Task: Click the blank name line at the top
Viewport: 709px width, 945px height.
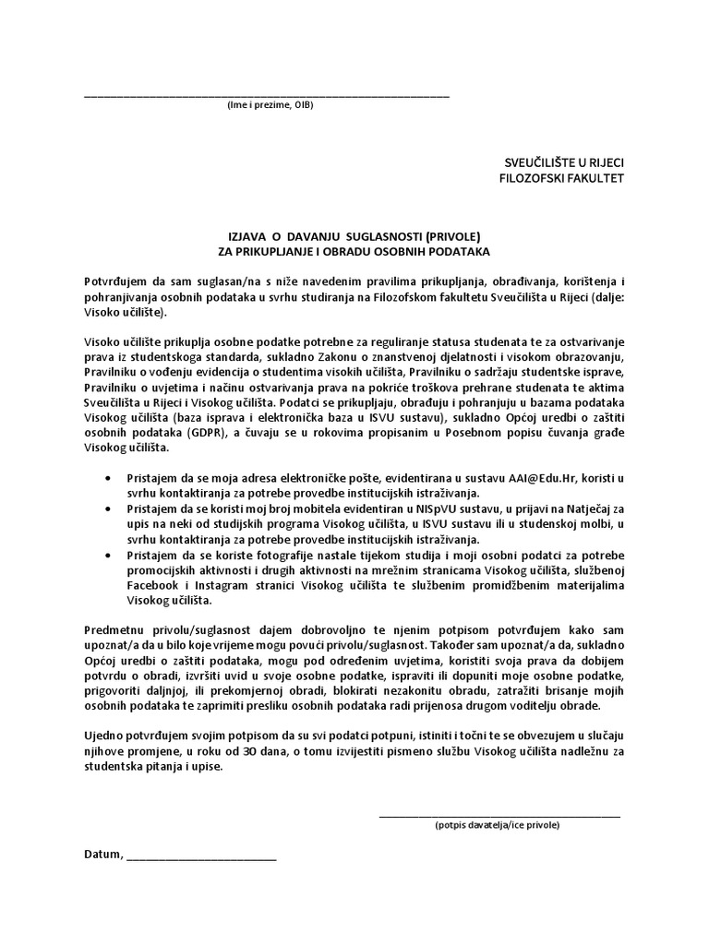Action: point(267,95)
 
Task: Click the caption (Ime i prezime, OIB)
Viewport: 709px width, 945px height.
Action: point(270,105)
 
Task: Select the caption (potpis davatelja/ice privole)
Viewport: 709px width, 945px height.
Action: point(498,825)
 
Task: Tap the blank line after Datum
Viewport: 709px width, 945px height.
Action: point(201,858)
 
